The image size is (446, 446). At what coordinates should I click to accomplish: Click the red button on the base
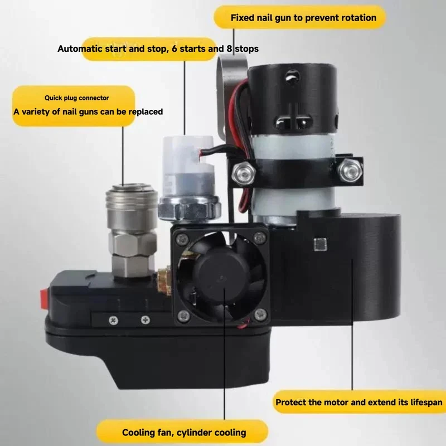point(45,299)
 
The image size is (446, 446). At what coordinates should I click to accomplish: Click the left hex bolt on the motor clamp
point(244,172)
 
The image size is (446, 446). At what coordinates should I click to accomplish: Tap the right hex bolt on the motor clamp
point(350,170)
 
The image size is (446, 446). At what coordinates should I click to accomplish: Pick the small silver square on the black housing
point(320,244)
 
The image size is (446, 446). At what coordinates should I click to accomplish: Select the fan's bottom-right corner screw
point(260,314)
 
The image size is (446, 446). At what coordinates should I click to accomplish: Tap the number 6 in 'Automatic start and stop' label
point(174,49)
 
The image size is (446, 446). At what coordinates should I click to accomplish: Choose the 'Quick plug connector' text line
point(77,98)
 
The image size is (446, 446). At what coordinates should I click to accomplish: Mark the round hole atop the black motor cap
point(292,76)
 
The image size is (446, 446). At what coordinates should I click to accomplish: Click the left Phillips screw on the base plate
point(114,321)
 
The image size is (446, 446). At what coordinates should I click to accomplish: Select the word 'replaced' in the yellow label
point(146,112)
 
